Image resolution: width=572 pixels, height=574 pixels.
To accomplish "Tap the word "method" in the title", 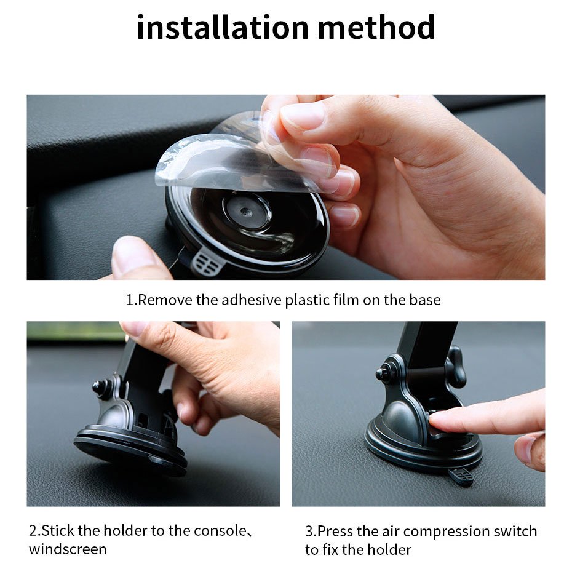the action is [x=376, y=28].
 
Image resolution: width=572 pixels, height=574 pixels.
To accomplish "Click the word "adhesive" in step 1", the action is [x=251, y=300].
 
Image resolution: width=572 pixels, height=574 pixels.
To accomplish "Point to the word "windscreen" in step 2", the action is [x=68, y=549].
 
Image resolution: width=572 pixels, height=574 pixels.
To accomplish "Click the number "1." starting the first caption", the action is [x=132, y=300].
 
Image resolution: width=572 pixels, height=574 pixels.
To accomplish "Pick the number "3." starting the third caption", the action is [x=311, y=531].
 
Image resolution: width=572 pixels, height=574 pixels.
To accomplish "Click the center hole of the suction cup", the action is [x=245, y=211].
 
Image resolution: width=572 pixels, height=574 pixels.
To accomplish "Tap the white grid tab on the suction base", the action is [x=206, y=261].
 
